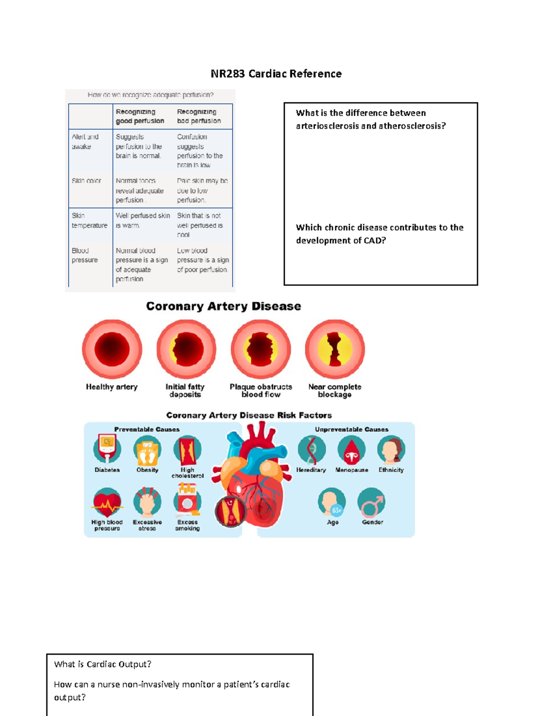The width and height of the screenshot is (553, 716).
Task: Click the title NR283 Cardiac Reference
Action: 276,74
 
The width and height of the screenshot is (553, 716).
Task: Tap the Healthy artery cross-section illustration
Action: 112,349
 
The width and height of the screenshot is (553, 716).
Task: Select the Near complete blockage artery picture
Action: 335,349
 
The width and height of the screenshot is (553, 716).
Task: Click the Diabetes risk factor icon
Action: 107,449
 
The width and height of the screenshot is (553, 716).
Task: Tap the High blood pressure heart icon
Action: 107,503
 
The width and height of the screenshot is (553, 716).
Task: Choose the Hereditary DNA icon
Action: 312,450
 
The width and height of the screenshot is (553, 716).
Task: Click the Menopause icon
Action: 352,450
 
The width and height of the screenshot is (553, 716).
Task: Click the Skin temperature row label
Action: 89,220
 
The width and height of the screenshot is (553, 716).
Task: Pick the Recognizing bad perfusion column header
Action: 199,116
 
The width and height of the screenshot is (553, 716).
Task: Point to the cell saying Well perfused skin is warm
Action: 143,220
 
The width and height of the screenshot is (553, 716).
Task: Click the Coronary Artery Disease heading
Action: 224,306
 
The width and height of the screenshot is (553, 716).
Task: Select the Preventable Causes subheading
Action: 147,429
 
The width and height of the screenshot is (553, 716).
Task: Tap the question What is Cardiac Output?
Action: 103,664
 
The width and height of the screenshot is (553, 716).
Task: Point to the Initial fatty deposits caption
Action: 185,391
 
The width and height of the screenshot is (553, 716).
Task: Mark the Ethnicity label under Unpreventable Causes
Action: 391,470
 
